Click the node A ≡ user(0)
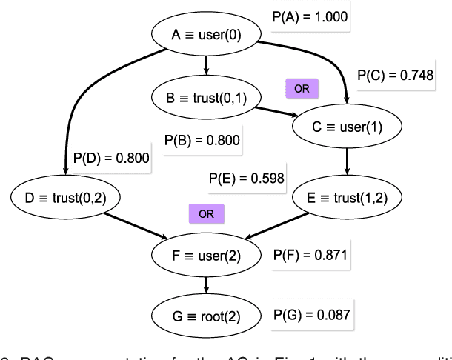click(206, 34)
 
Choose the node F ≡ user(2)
click(206, 256)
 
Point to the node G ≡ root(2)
click(206, 313)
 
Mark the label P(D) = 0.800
click(110, 157)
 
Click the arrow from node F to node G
click(206, 285)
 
